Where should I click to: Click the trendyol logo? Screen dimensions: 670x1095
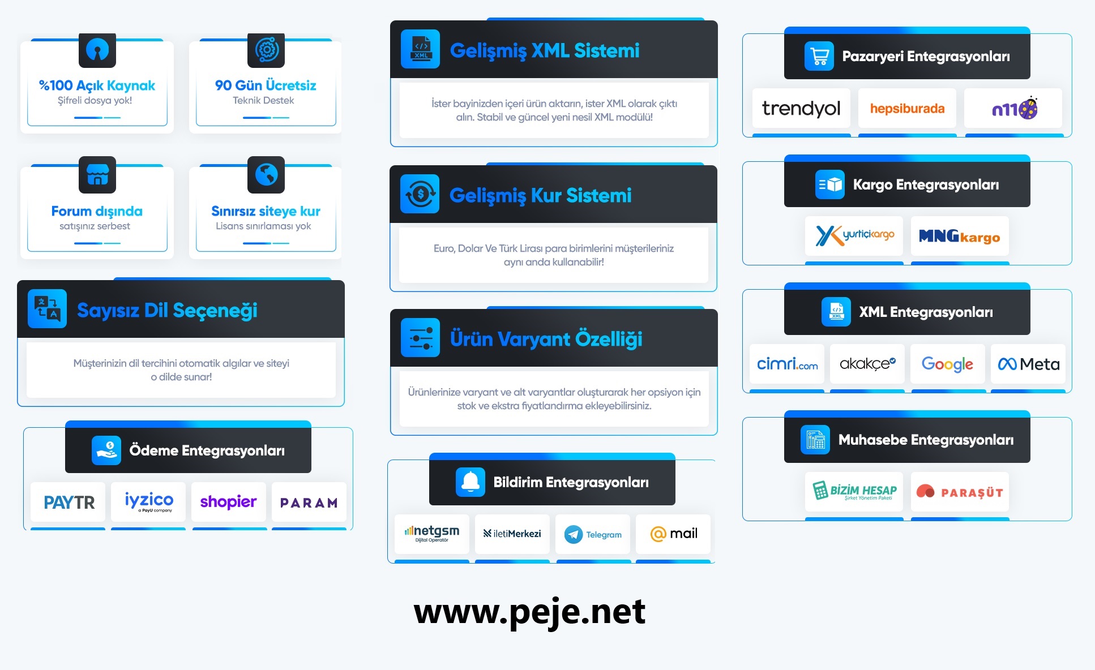[x=801, y=108]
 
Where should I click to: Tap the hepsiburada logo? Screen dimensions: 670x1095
[x=907, y=108]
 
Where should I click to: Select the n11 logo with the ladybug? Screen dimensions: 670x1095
[x=1014, y=108]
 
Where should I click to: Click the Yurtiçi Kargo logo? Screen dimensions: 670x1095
[x=854, y=235]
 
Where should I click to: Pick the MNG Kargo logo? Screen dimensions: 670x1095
[x=960, y=236]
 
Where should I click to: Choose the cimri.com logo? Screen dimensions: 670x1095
[x=787, y=364]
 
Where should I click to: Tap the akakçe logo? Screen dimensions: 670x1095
[x=867, y=364]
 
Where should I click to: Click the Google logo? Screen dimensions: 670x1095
[x=947, y=364]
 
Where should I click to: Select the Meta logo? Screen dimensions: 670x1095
[x=1028, y=364]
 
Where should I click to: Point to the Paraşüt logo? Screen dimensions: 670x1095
[x=960, y=492]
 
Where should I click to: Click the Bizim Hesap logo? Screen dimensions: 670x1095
[x=854, y=491]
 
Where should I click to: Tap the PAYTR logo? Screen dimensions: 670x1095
[x=69, y=502]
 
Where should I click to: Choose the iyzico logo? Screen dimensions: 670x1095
[x=149, y=501]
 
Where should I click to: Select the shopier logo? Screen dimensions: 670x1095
[x=228, y=501]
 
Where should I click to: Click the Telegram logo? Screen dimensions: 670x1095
[x=593, y=534]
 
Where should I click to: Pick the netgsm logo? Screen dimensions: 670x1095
[x=432, y=533]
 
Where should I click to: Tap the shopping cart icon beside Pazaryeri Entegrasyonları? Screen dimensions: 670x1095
[x=819, y=56]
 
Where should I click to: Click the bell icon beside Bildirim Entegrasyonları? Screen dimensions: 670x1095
[x=470, y=482]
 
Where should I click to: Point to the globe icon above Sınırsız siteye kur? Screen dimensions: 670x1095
[x=266, y=174]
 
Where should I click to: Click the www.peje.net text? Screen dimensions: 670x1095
[x=529, y=612]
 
